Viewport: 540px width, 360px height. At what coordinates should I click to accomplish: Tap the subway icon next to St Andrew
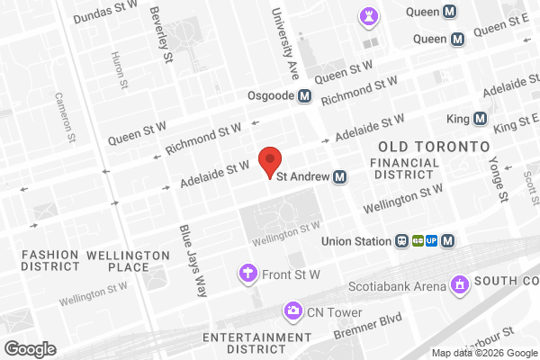click(340, 176)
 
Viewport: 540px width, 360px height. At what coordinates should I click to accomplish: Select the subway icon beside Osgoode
click(305, 96)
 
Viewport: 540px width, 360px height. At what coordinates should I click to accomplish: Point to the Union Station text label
click(358, 240)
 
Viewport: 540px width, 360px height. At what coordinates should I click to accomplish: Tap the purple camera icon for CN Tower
click(292, 311)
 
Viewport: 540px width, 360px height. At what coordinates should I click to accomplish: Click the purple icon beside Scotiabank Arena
click(461, 286)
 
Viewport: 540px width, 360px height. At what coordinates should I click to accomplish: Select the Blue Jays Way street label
click(192, 261)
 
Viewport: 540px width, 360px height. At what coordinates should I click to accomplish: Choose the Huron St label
click(116, 70)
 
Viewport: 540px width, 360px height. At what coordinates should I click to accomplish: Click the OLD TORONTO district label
click(434, 145)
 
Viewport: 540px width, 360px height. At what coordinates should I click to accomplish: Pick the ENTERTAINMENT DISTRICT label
click(251, 343)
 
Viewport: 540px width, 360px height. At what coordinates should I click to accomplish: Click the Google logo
click(30, 348)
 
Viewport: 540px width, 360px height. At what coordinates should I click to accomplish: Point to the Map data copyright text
click(482, 352)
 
